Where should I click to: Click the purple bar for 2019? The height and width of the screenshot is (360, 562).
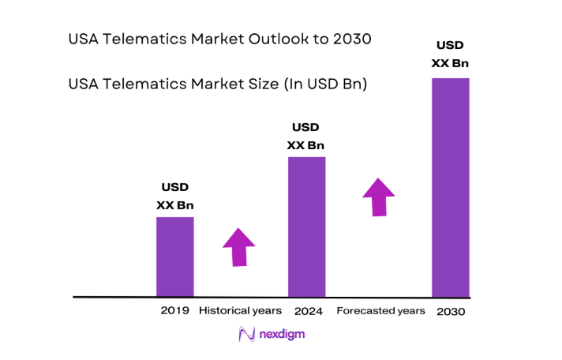[174, 257]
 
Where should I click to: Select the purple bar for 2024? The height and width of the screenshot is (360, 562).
[306, 227]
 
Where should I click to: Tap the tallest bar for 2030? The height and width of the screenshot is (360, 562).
[450, 187]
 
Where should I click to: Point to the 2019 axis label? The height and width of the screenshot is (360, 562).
[174, 311]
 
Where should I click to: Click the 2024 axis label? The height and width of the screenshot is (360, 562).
[307, 311]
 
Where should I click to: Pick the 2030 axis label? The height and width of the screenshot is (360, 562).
[451, 312]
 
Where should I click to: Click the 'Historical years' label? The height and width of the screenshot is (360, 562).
[240, 311]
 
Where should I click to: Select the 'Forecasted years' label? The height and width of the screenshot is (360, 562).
[380, 311]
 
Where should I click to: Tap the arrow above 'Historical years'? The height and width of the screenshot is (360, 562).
[239, 247]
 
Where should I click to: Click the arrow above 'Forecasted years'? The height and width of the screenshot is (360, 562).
[379, 197]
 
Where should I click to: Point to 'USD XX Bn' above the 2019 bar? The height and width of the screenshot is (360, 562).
[175, 197]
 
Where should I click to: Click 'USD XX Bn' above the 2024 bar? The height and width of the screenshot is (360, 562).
[305, 136]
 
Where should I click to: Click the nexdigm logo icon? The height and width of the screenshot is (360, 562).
[245, 334]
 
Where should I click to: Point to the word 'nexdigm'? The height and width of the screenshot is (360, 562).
[282, 334]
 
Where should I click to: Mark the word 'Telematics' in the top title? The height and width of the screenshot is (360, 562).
[143, 39]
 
